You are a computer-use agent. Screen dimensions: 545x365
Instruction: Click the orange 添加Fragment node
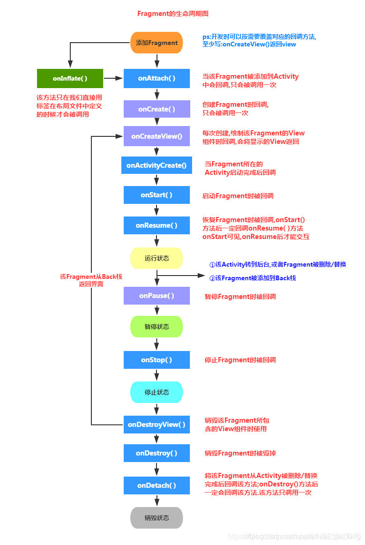[156, 43]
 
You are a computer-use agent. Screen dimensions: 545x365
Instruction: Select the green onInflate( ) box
[70, 78]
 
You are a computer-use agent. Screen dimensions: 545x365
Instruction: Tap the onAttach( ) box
[156, 78]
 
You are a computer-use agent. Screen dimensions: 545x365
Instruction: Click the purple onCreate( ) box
[156, 109]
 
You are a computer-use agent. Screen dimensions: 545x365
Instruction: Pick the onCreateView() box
[156, 136]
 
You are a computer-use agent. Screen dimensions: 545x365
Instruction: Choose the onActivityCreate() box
[156, 165]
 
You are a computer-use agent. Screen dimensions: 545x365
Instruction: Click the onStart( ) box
[156, 195]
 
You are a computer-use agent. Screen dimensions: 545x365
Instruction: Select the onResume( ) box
[156, 225]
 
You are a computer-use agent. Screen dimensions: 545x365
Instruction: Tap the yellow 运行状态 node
[156, 258]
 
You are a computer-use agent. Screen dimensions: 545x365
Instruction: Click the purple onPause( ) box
[156, 296]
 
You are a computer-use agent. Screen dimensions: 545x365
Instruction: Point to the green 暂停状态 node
[156, 327]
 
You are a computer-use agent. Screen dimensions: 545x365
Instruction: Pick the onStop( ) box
[156, 360]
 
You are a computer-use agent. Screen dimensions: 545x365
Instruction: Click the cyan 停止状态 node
[156, 392]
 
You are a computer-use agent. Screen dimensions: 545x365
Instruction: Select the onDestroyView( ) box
[156, 425]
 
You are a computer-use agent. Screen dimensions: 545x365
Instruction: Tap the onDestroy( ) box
[156, 453]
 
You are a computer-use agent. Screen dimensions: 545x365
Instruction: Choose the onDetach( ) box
[156, 485]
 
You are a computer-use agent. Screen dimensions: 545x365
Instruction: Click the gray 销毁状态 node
[156, 518]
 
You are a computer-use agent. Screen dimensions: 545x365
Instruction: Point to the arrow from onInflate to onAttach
[113, 78]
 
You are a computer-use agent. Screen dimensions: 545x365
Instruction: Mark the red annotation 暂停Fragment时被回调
[240, 296]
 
